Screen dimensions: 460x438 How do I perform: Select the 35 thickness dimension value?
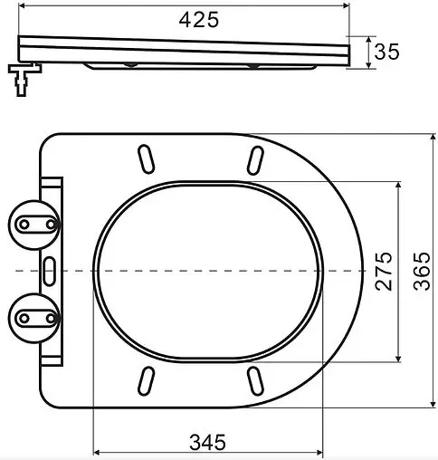pyautogui.click(x=386, y=53)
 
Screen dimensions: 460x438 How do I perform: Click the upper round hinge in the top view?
pyautogui.click(x=33, y=222)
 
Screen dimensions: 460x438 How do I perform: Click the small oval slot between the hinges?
pyautogui.click(x=50, y=269)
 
